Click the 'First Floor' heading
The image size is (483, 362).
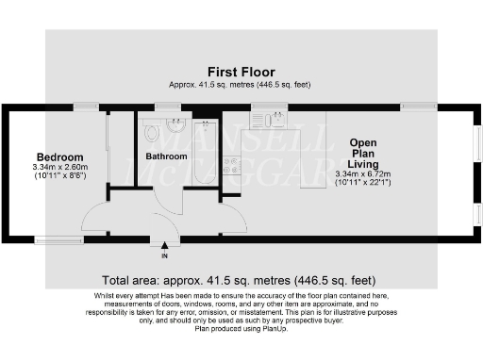pyautogui.click(x=241, y=72)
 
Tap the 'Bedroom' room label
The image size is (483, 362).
pyautogui.click(x=59, y=156)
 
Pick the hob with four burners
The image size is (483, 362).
pyautogui.click(x=230, y=167)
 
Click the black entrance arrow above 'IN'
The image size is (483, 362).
pyautogui.click(x=164, y=246)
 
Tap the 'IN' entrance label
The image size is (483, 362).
pyautogui.click(x=164, y=255)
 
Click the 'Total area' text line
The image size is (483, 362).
pyautogui.click(x=240, y=280)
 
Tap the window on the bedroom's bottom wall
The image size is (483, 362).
pyautogui.click(x=53, y=239)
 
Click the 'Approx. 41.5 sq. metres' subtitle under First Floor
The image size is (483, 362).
pyautogui.click(x=241, y=84)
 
